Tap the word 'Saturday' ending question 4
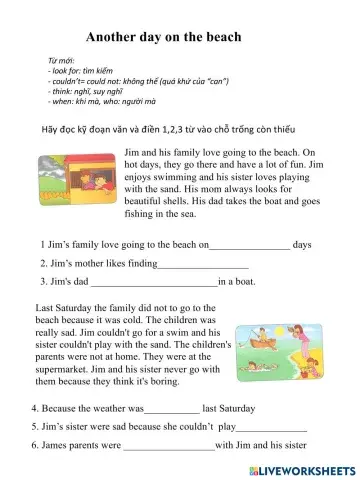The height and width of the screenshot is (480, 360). point(225,409)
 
